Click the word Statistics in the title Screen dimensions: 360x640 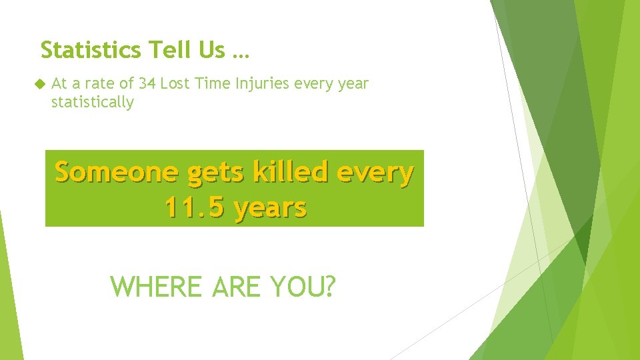pyautogui.click(x=91, y=49)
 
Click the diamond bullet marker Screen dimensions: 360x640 pyautogui.click(x=38, y=84)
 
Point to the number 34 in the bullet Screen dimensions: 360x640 pyautogui.click(x=147, y=84)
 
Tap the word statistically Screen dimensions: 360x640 pyautogui.click(x=92, y=103)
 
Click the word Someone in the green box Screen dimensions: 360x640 pyautogui.click(x=116, y=172)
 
